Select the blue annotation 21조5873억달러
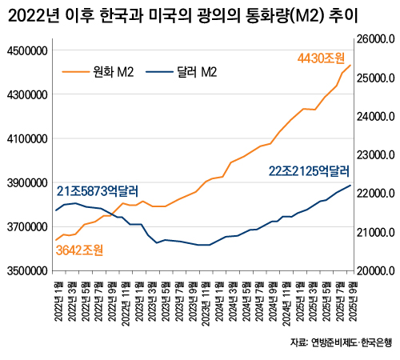pyautogui.click(x=97, y=191)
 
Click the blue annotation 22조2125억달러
pyautogui.click(x=309, y=170)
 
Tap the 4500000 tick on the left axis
pyautogui.click(x=27, y=51)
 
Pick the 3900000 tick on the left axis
pyautogui.click(x=27, y=183)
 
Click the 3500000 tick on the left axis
pyautogui.click(x=27, y=271)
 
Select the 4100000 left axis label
pyautogui.click(x=27, y=139)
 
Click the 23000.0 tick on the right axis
pyautogui.click(x=376, y=155)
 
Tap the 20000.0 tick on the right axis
pyautogui.click(x=376, y=271)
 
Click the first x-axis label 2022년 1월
pyautogui.click(x=58, y=300)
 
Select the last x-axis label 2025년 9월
pyautogui.click(x=350, y=300)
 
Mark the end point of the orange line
pyautogui.click(x=350, y=66)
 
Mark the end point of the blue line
pyautogui.click(x=350, y=186)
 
